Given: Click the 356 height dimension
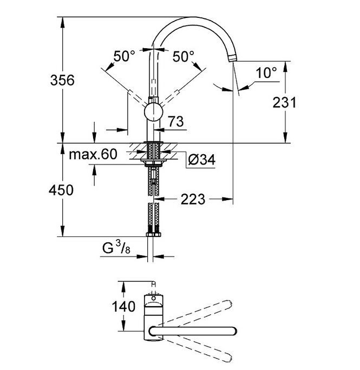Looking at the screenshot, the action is [62, 80].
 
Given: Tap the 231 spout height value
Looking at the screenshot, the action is [284, 103].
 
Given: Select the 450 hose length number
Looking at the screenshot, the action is [61, 190].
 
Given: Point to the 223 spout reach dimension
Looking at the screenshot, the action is [193, 200].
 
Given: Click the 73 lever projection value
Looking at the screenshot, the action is [176, 122].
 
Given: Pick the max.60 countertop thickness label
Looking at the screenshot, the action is [93, 154].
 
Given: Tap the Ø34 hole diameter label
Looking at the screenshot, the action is [202, 160].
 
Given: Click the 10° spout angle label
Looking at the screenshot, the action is [266, 72].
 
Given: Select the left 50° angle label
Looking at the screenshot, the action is [125, 56].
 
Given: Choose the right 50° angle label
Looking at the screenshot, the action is [184, 57].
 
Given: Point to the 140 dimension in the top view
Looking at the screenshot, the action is [123, 307].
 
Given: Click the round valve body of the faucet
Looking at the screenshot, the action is [154, 112].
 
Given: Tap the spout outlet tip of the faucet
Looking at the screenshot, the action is [232, 58].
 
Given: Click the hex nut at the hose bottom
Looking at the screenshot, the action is [154, 234].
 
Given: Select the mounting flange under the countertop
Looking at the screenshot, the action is [154, 161].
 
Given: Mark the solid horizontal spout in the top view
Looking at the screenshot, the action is [193, 331].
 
